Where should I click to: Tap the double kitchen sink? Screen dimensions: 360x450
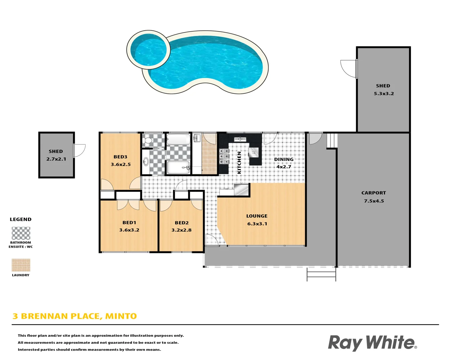pyautogui.click(x=240, y=139)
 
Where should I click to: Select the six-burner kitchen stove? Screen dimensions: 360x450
pyautogui.click(x=224, y=156)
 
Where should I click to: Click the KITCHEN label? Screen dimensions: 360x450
pyautogui.click(x=239, y=163)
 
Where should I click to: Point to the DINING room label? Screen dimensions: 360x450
pyautogui.click(x=284, y=159)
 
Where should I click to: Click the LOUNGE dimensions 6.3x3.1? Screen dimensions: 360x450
pyautogui.click(x=257, y=224)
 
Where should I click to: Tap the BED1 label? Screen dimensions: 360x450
pyautogui.click(x=129, y=223)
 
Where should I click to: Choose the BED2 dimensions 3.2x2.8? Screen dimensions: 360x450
pyautogui.click(x=181, y=230)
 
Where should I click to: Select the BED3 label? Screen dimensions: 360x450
pyautogui.click(x=120, y=157)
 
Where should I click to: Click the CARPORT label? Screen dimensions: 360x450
pyautogui.click(x=374, y=193)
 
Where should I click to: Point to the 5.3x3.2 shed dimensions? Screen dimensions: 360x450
pyautogui.click(x=384, y=94)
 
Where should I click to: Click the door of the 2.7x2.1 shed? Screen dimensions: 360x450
pyautogui.click(x=80, y=150)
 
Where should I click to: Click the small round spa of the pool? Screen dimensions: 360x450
pyautogui.click(x=148, y=50)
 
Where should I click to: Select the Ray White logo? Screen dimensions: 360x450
pyautogui.click(x=372, y=343)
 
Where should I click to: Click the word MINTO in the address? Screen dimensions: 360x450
pyautogui.click(x=121, y=316)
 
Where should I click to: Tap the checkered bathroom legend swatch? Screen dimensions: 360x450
pyautogui.click(x=21, y=233)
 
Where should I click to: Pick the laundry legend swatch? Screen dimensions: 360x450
pyautogui.click(x=21, y=265)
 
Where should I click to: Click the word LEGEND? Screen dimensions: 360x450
pyautogui.click(x=21, y=219)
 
